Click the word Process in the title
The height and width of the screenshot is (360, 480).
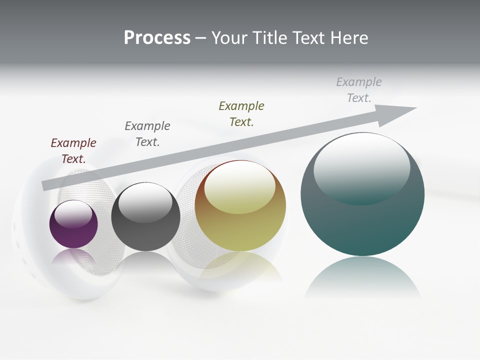click(157, 38)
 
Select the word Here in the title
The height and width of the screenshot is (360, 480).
click(348, 38)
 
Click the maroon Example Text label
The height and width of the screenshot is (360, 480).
click(73, 151)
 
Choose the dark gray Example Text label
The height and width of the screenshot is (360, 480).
click(147, 134)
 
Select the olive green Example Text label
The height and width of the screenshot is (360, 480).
click(241, 114)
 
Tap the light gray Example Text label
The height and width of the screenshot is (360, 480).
click(359, 90)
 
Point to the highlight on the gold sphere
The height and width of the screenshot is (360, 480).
click(240, 187)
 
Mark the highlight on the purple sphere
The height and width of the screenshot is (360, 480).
click(73, 214)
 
